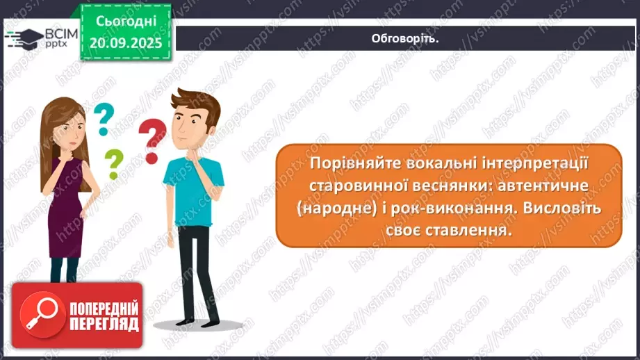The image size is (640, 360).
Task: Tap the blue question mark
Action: click(104, 119)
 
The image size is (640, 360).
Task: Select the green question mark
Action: click(113, 165)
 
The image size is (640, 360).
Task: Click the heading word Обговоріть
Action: click(405, 39)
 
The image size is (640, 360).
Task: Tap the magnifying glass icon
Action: click(40, 314)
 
